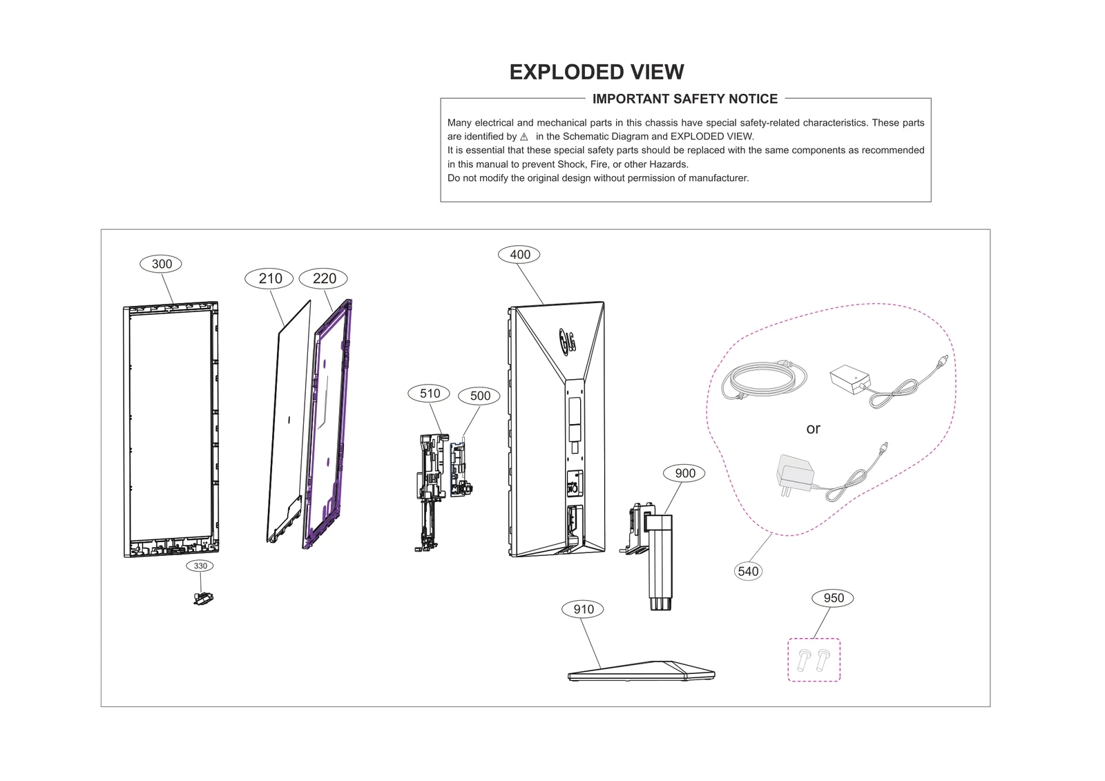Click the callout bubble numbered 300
pos(162,264)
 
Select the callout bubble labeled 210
pos(269,278)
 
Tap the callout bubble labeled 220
pos(324,278)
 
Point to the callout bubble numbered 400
pos(519,254)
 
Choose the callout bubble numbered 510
pos(430,394)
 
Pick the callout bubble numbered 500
pos(480,396)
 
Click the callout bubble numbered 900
pos(684,473)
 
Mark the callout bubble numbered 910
pos(583,609)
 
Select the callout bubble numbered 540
pos(748,571)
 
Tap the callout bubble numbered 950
pos(833,598)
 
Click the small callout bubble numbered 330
pos(200,566)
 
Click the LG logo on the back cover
pos(568,340)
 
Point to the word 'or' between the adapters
pos(813,429)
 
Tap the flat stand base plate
pos(641,671)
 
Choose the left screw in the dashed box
pos(804,659)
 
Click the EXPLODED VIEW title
pos(596,72)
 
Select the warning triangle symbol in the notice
pos(524,137)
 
